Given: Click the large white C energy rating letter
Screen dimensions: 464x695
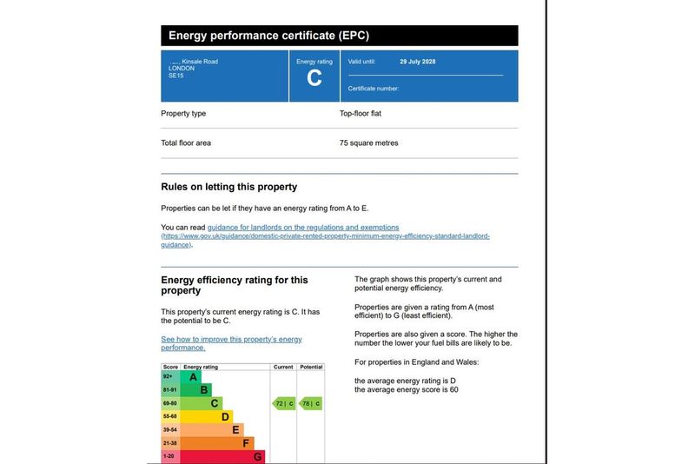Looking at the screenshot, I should (x=314, y=78).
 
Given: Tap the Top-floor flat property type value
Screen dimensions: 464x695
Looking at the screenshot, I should (x=361, y=114).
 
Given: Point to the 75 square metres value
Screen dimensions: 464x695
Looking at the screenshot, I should (x=368, y=143).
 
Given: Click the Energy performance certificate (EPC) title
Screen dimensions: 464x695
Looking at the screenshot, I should (x=268, y=36).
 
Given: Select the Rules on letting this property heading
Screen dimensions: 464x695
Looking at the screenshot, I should (x=228, y=187).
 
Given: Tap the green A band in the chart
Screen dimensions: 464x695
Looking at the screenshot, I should (x=193, y=377).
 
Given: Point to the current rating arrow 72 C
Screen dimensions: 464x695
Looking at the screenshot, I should (x=284, y=403).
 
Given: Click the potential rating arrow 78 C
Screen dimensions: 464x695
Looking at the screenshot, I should (x=311, y=403).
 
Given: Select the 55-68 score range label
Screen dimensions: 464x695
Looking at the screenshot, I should (x=170, y=416).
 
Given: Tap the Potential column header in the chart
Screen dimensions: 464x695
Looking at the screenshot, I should (x=311, y=368).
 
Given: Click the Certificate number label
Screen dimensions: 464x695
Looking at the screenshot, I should (x=374, y=89).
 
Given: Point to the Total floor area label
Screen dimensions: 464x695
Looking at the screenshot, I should (x=186, y=143).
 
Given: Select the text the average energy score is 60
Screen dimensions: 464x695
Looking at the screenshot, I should (x=406, y=389).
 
